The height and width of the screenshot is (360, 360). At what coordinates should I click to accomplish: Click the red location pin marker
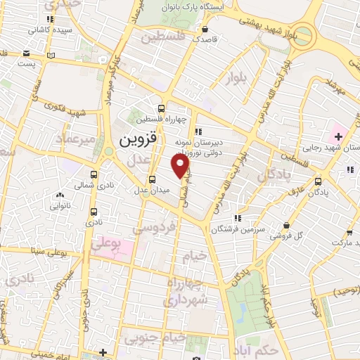pyautogui.click(x=181, y=166)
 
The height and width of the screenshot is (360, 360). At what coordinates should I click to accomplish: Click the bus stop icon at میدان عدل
pyautogui.click(x=152, y=179)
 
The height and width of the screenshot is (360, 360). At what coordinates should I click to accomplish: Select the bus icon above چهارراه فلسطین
pyautogui.click(x=162, y=108)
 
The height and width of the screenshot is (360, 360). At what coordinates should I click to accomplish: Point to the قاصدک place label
pyautogui.click(x=205, y=40)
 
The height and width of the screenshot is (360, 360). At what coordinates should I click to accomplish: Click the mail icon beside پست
pyautogui.click(x=27, y=53)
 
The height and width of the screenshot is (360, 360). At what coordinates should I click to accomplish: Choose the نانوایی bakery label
pyautogui.click(x=60, y=206)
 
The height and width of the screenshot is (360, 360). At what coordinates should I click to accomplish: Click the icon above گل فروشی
pyautogui.click(x=286, y=225)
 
